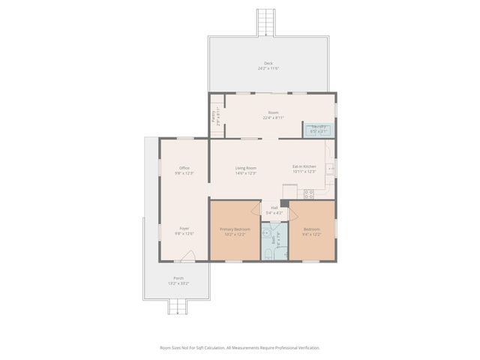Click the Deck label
268,63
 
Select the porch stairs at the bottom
178,306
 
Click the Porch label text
178,277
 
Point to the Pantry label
213,116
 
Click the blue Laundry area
319,129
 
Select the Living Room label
246,168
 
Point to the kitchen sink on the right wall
331,169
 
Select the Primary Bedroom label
234,229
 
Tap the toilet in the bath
269,256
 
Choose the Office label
184,167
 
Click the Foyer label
184,228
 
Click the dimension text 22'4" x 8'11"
273,118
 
